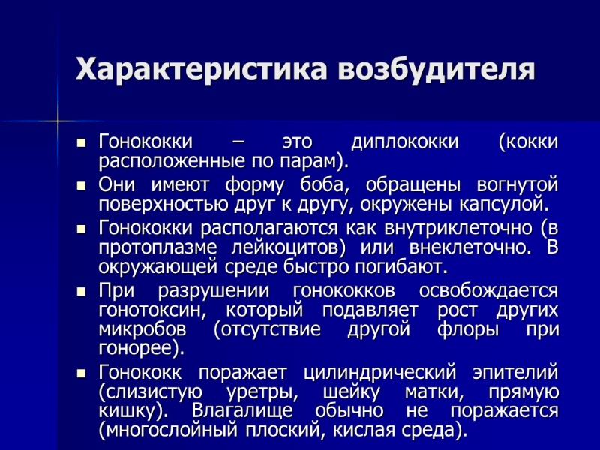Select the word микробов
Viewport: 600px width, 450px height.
(x=139, y=330)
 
